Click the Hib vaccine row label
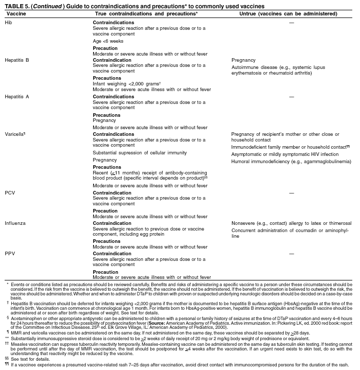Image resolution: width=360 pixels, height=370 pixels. pyautogui.click(x=9, y=23)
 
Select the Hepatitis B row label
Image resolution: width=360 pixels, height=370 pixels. pyautogui.click(x=17, y=60)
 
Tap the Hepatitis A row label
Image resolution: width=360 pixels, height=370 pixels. pyautogui.click(x=17, y=97)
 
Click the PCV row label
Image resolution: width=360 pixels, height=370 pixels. pyautogui.click(x=10, y=193)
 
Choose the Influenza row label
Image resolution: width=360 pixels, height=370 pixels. pyautogui.click(x=15, y=223)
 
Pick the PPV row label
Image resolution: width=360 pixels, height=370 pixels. pyautogui.click(x=10, y=254)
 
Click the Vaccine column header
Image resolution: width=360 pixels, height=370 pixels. pyautogui.click(x=15, y=13)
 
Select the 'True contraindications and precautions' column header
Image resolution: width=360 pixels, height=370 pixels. pyautogui.click(x=146, y=13)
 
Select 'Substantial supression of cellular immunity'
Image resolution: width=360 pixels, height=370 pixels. pyautogui.click(x=139, y=153)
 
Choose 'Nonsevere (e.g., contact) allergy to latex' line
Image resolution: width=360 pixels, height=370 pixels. pyautogui.click(x=291, y=223)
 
